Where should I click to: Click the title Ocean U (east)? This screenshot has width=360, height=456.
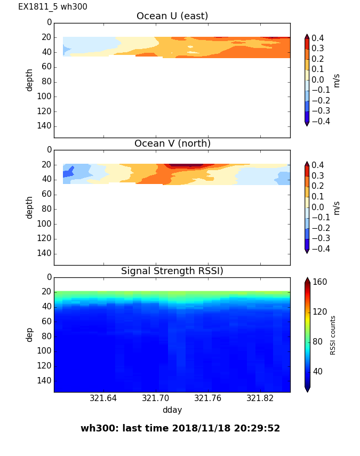pos(172,16)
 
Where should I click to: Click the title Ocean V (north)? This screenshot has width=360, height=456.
pos(172,143)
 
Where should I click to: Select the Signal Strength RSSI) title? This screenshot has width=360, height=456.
pos(172,271)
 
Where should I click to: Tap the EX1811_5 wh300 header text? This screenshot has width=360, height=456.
pos(53,7)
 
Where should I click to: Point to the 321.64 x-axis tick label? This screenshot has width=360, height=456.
pos(103,398)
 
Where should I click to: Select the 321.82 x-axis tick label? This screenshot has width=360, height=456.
pos(260,398)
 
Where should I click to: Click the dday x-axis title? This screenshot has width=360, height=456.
pos(172,410)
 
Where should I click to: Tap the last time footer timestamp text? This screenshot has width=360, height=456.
pos(180,428)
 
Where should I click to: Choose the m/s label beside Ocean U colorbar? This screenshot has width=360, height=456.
pos(337,80)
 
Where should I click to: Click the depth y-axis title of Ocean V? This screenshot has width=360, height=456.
pos(30,207)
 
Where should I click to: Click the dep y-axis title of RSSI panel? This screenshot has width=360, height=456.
pos(30,334)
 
